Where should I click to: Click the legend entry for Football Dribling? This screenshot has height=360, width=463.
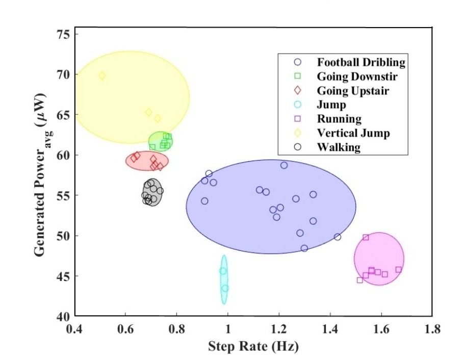[361, 63]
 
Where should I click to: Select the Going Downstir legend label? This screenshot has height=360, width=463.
[357, 77]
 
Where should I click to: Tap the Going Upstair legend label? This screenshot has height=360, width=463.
[353, 91]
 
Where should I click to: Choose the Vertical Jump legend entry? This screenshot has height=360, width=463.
[353, 133]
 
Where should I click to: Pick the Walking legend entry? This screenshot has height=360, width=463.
[338, 147]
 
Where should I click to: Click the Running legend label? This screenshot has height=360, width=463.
[339, 119]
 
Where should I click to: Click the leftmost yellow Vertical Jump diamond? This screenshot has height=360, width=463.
[102, 76]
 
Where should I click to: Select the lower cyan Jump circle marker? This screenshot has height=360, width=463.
[225, 289]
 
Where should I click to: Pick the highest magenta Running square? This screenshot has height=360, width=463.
[366, 237]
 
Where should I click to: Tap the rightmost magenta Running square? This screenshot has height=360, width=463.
[398, 270]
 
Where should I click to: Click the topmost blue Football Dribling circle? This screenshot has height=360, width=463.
[284, 165]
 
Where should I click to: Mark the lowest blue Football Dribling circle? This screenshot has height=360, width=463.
[304, 248]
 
